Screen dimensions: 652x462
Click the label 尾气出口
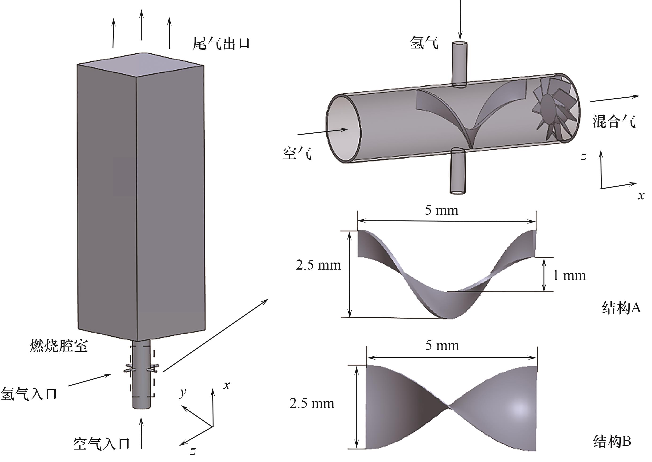pos(221,44)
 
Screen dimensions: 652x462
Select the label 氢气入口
pos(29,394)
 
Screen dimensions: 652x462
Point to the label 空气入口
pos(102,443)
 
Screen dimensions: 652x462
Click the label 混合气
pos(614,121)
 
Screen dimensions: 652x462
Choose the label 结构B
pos(612,441)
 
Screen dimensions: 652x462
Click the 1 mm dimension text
pos(569,275)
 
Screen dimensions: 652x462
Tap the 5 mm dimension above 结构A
pos(442,210)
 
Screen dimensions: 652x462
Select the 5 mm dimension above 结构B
pos(442,345)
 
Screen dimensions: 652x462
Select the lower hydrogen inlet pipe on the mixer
pos(457,171)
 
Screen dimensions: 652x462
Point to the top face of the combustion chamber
pos(141,65)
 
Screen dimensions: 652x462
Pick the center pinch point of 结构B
pos(449,407)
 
